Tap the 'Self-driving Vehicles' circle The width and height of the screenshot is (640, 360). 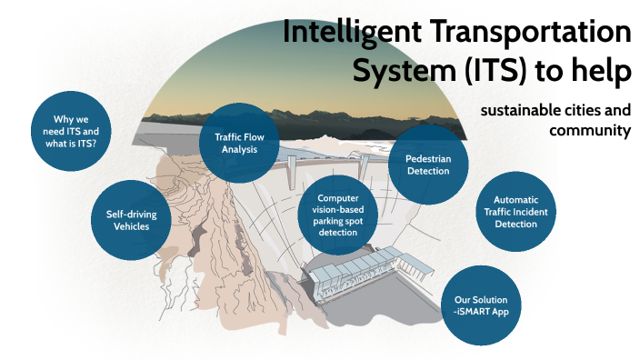coord(134,221)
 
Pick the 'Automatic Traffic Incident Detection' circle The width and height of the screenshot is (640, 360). coord(515,211)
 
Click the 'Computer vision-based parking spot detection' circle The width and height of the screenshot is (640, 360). coord(332,215)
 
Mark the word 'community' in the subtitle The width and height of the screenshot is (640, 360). coord(590,131)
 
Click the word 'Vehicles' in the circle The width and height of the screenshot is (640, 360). coord(134,227)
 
